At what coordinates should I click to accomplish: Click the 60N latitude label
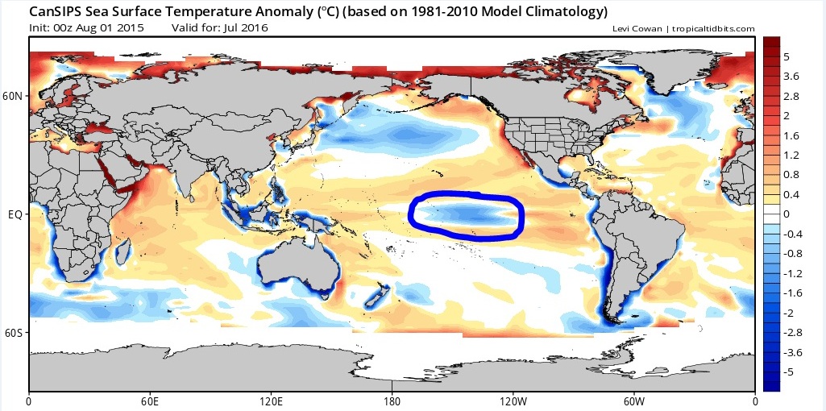click(14, 96)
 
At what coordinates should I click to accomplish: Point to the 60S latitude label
click(15, 333)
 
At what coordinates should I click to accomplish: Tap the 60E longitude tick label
click(150, 401)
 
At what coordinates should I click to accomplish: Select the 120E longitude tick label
click(271, 401)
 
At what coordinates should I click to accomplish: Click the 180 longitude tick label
click(392, 401)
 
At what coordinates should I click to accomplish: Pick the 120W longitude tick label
click(513, 401)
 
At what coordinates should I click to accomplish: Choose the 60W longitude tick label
click(634, 401)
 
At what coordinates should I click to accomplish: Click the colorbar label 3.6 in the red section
click(791, 76)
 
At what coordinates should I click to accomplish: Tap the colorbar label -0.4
click(793, 234)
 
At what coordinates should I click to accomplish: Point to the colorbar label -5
click(791, 372)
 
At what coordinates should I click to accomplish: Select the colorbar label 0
click(787, 214)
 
